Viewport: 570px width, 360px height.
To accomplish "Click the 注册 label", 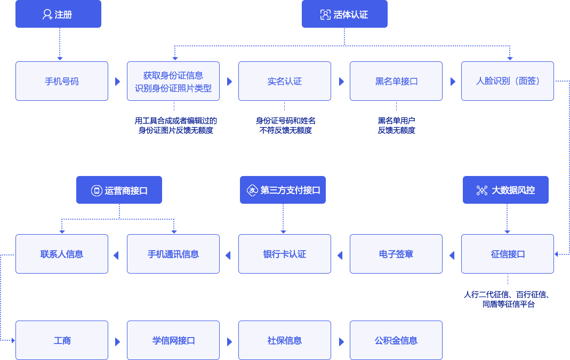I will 63,15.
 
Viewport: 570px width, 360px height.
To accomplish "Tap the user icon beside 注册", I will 47,15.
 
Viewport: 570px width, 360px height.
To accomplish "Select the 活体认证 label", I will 351,15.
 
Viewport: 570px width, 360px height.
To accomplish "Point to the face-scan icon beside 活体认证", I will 325,15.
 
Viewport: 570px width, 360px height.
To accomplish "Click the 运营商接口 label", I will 126,191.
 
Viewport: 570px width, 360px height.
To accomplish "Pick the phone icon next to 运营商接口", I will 97,191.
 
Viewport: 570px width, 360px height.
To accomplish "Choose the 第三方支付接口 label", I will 290,190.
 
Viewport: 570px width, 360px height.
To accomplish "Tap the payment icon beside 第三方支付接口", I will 252,190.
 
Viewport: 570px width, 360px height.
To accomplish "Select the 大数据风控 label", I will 513,190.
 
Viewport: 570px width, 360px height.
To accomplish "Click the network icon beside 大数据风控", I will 482,190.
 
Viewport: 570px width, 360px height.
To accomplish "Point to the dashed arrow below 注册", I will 60,44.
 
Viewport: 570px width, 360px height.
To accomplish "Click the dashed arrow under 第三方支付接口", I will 283,219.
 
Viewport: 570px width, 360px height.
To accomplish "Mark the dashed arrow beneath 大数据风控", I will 507,219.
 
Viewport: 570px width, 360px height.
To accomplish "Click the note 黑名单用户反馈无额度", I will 397,125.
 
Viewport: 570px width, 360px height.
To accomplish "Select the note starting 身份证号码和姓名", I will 286,125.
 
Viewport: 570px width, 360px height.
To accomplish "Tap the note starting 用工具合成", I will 176,125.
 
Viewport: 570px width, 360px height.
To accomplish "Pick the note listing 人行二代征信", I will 507,299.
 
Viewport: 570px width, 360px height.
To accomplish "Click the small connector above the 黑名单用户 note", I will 399,106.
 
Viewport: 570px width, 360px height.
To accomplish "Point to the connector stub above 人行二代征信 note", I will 510,279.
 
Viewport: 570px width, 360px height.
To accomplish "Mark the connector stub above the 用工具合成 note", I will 176,106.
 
